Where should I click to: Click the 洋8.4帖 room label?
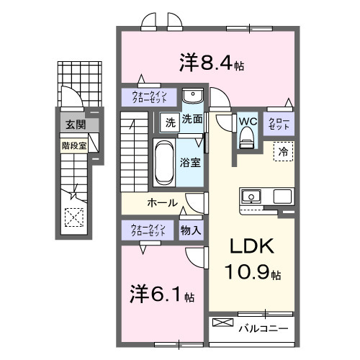tap(210, 63)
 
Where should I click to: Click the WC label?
tap(248, 121)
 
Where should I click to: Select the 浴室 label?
tap(191, 162)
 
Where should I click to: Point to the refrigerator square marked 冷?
tap(283, 151)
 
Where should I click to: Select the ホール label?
tap(163, 202)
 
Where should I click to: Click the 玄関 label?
tap(74, 125)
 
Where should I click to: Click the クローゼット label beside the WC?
tap(278, 122)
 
